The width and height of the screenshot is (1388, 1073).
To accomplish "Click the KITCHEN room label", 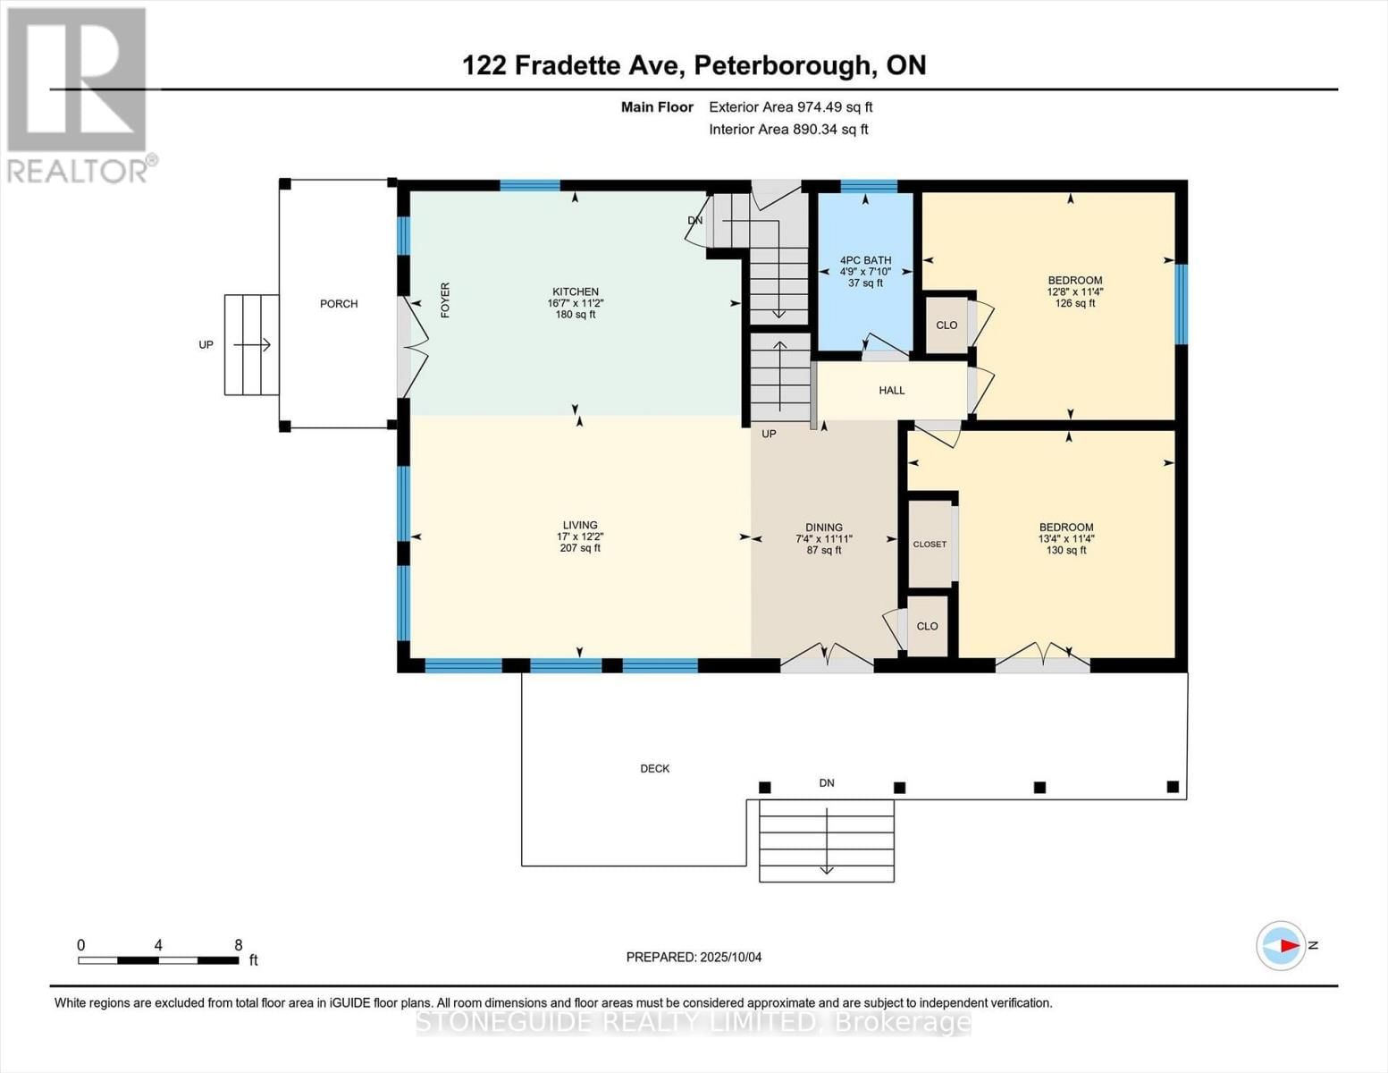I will pyautogui.click(x=575, y=292).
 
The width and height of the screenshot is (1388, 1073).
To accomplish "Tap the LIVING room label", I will pyautogui.click(x=579, y=526).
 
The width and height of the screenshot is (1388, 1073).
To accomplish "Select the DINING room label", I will pyautogui.click(x=823, y=528).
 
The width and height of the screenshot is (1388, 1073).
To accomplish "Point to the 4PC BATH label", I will pyautogui.click(x=865, y=261).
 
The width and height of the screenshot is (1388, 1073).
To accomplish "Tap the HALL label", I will pyautogui.click(x=891, y=391).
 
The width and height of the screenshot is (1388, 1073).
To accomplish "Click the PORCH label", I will pyautogui.click(x=339, y=304).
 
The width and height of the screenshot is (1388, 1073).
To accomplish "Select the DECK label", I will pyautogui.click(x=654, y=769).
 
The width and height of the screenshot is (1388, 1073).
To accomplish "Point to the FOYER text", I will pyautogui.click(x=445, y=300).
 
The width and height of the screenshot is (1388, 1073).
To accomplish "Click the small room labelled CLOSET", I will pyautogui.click(x=930, y=544).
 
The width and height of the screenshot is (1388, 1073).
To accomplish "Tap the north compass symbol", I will pyautogui.click(x=1281, y=945).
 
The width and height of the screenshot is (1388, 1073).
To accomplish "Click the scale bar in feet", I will pyautogui.click(x=158, y=960).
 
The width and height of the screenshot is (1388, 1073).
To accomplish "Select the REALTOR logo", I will pyautogui.click(x=79, y=94).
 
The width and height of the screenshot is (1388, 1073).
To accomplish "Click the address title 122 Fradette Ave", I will pyautogui.click(x=694, y=65).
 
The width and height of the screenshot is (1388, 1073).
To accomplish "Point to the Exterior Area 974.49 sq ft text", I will pyautogui.click(x=790, y=107).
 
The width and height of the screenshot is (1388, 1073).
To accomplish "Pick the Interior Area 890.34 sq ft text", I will pyautogui.click(x=788, y=130).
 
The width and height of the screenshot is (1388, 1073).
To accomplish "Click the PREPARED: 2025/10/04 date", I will pyautogui.click(x=694, y=958).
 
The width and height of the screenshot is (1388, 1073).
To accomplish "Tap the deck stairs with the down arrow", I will pyautogui.click(x=826, y=841).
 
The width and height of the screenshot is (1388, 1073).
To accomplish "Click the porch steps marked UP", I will pyautogui.click(x=251, y=345).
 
